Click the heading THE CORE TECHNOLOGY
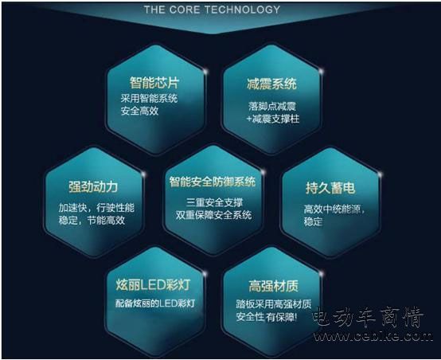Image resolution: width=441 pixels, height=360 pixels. [x=212, y=10]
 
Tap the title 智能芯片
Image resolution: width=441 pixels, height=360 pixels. [x=154, y=83]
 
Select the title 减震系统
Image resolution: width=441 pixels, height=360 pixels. [x=271, y=84]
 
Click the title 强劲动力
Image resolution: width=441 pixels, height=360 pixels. [x=93, y=187]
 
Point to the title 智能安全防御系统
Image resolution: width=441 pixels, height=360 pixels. [x=213, y=182]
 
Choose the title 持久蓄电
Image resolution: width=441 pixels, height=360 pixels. [x=330, y=188]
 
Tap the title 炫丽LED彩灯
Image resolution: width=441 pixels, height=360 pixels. [x=154, y=285]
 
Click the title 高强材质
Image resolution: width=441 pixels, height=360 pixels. [x=273, y=286]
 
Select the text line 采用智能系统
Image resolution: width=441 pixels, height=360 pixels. [x=149, y=98]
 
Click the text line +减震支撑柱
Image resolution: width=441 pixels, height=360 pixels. [x=273, y=119]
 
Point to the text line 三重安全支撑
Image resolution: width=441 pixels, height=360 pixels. [x=214, y=202]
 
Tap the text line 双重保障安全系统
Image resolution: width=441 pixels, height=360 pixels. [x=214, y=215]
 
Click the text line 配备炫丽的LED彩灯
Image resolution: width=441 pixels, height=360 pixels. [x=155, y=303]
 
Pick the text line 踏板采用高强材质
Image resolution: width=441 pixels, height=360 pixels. [x=274, y=304]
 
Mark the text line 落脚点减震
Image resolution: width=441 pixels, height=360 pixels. [x=272, y=106]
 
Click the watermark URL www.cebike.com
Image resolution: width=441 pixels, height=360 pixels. [x=373, y=336]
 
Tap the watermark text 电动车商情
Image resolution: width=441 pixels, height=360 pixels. [x=368, y=318]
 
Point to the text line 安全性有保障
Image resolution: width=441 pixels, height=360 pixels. [x=267, y=317]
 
